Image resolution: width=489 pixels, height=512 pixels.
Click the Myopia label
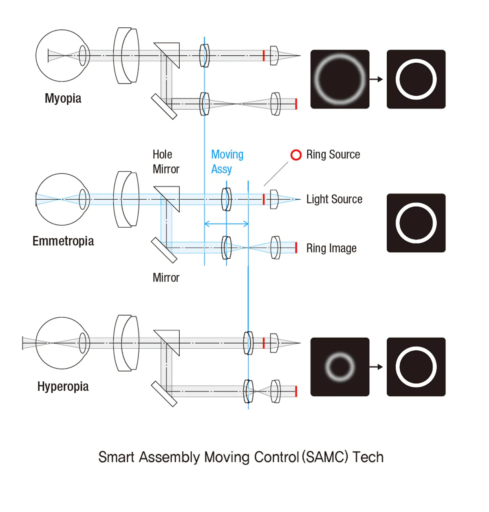[63, 99]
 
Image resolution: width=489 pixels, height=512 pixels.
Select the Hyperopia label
[63, 386]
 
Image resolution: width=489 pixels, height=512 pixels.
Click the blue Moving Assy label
[227, 162]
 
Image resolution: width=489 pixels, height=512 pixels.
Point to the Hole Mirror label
[166, 162]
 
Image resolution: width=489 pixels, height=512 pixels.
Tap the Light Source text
[334, 199]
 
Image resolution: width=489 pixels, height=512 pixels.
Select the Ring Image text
[331, 248]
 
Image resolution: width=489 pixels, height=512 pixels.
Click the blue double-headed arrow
[226, 224]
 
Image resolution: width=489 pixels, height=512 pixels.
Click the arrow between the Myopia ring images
[376, 79]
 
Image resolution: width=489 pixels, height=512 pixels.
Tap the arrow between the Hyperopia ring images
[376, 367]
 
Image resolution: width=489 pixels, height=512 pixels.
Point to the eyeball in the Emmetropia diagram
[36, 199]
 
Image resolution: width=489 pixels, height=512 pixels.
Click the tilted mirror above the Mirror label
[164, 250]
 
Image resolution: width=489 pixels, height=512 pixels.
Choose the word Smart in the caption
[116, 457]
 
